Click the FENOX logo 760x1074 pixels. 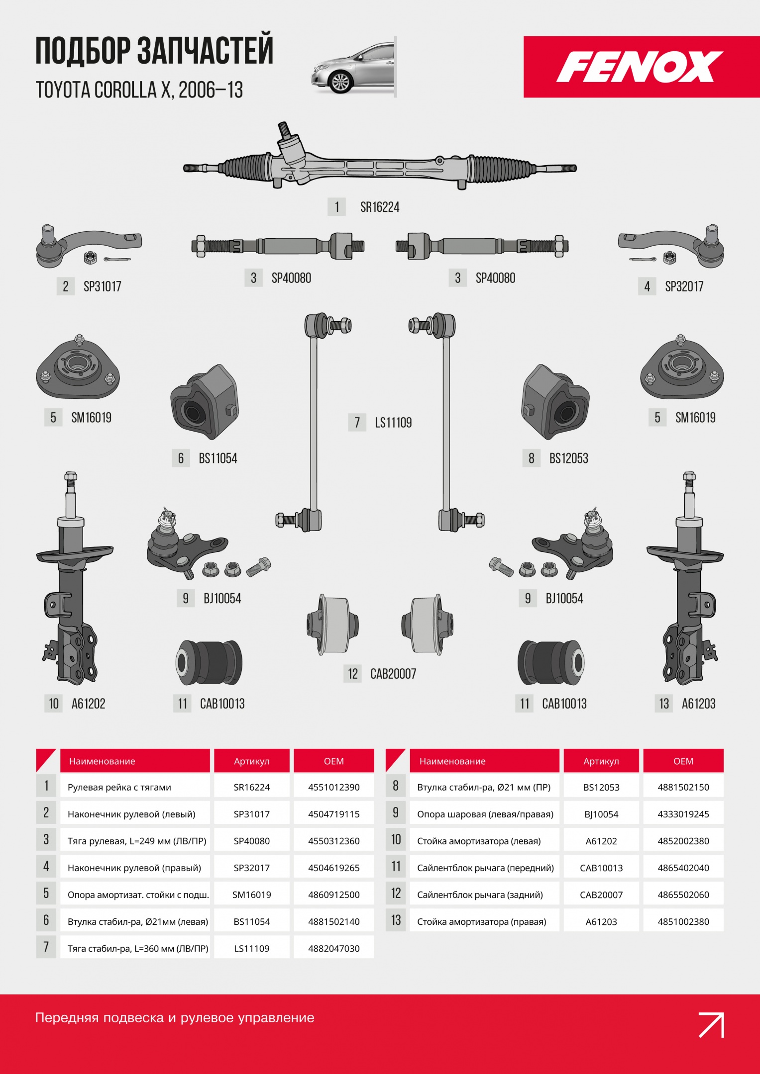(x=640, y=67)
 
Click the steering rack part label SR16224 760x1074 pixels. (x=380, y=207)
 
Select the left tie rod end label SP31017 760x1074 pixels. (x=102, y=286)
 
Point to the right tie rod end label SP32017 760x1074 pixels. (x=684, y=286)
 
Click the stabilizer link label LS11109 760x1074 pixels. (x=393, y=423)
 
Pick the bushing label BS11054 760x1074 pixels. (x=218, y=458)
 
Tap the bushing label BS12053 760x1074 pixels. (x=569, y=458)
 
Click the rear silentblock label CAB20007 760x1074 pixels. (x=393, y=674)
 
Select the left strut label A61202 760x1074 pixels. (x=89, y=704)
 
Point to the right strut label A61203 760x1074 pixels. (x=699, y=704)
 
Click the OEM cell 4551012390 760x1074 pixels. (x=334, y=787)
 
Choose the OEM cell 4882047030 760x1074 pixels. (x=334, y=948)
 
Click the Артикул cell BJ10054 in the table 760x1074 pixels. (x=601, y=814)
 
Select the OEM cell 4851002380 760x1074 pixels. (x=683, y=921)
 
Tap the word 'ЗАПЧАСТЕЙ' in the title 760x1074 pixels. (x=205, y=50)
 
